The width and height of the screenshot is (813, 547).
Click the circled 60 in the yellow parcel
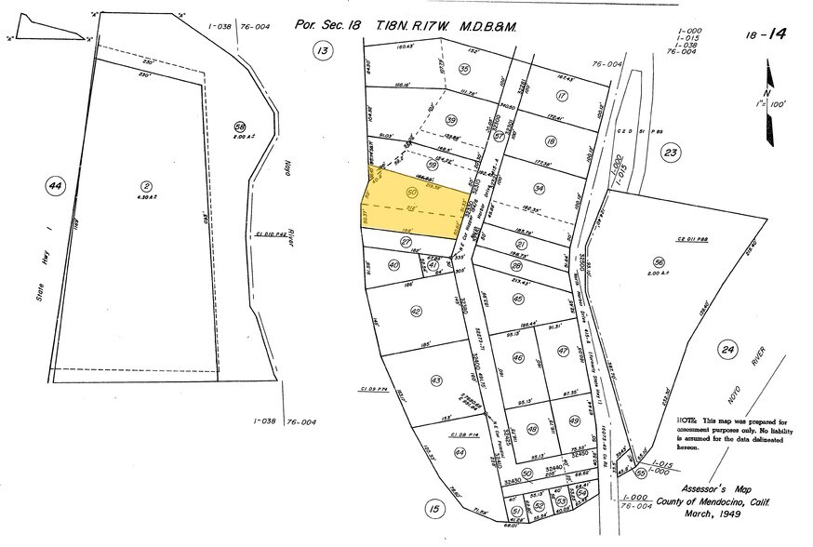[411, 192]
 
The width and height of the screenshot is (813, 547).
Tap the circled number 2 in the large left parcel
[146, 185]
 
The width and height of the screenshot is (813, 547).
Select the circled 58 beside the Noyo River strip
[239, 127]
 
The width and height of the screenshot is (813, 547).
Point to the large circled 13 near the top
[323, 52]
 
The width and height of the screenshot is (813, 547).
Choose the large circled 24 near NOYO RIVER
[728, 350]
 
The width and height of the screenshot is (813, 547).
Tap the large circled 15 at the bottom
[431, 508]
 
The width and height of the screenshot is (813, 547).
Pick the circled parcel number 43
[435, 380]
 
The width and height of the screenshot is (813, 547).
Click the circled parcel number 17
[561, 96]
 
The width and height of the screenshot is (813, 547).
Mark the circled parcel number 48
[533, 429]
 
